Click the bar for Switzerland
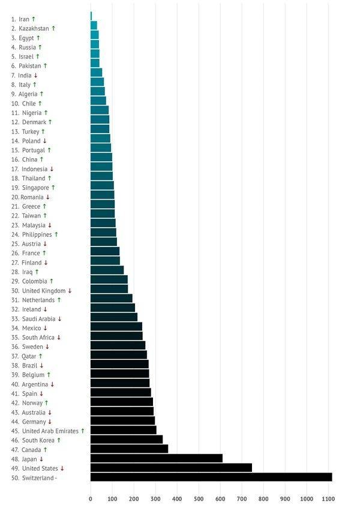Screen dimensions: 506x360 pos(211,477)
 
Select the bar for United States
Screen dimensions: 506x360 pos(171,468)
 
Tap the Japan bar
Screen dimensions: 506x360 pos(156,458)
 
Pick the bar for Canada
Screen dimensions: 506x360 pos(129,449)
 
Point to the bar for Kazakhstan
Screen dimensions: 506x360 pos(94,25)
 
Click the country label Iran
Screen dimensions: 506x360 pos(24,19)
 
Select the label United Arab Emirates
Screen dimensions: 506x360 pos(50,430)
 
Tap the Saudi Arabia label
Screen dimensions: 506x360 pos(38,318)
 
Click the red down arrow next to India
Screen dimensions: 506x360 pos(36,75)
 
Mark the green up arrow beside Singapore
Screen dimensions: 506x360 pos(53,188)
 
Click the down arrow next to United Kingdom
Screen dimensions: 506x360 pos(70,290)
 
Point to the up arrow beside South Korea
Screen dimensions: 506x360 pos(59,440)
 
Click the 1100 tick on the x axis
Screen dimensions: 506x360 pos(328,499)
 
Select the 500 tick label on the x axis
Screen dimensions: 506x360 pos(198,499)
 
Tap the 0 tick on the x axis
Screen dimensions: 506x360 pos(91,499)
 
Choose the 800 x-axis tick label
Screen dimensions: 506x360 pos(263,499)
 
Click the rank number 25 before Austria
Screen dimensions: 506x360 pos(15,244)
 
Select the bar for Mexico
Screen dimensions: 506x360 pos(116,327)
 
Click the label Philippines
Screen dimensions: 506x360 pos(37,234)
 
